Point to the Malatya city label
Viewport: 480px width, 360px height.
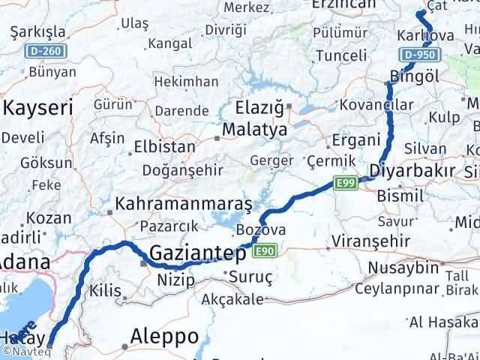point(255,130)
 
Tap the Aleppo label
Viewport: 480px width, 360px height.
point(164,335)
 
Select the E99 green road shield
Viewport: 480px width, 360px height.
point(346,184)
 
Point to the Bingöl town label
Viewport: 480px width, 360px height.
point(414,76)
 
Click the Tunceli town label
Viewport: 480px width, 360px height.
point(340,55)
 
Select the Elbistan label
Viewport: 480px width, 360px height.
point(163,146)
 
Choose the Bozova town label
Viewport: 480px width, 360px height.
point(261,229)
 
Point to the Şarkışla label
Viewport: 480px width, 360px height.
point(38,33)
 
